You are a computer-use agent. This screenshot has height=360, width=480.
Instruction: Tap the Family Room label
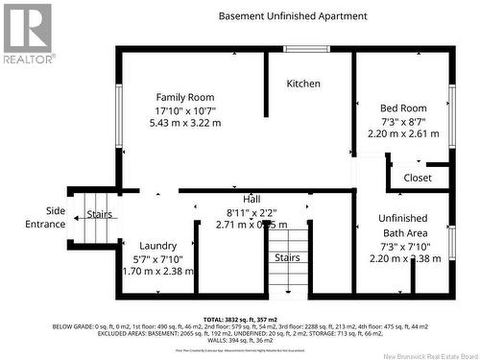point(185,97)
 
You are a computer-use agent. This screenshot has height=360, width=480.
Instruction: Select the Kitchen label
point(303,84)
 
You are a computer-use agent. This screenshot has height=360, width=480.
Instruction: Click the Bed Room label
point(403,108)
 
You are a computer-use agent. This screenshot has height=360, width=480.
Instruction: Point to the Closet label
point(418,178)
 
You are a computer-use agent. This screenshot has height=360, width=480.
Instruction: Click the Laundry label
point(158,246)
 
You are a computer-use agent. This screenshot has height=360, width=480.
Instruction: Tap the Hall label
point(250,199)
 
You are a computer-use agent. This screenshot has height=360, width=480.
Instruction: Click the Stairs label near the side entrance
point(100,214)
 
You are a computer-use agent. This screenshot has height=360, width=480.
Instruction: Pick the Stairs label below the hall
point(287,257)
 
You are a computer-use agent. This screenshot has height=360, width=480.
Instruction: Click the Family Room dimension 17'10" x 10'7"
point(185,110)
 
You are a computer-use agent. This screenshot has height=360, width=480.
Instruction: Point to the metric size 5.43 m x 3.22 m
point(185,124)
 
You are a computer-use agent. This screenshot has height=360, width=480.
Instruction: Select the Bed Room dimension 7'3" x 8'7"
point(403,122)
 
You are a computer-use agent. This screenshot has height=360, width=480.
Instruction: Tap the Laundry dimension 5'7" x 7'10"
point(158,259)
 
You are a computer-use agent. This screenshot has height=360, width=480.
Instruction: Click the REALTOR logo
point(28,34)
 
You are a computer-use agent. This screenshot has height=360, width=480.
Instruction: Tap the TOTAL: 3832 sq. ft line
point(239,319)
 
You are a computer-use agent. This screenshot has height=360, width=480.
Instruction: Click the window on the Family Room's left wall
point(119,112)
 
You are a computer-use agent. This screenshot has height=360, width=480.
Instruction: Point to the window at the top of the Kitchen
point(307,48)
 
